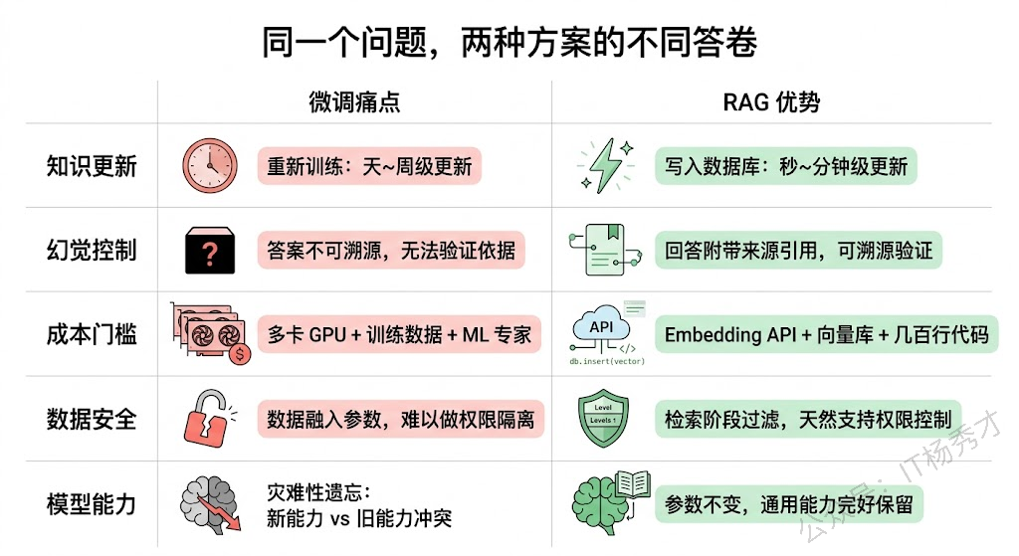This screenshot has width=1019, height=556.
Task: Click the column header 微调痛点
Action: coord(354,102)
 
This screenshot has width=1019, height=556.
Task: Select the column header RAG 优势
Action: coord(771,102)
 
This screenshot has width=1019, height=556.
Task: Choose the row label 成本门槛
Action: coord(92,335)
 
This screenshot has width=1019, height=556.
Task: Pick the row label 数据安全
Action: coord(92,419)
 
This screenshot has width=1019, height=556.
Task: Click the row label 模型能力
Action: coord(92,503)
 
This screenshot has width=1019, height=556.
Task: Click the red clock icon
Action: coord(210,165)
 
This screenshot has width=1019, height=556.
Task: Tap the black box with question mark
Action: coord(210,251)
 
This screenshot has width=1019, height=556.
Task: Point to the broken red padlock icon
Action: coord(209,419)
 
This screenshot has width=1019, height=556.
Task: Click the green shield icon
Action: coord(604,419)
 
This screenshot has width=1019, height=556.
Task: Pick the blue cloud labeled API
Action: coord(601,327)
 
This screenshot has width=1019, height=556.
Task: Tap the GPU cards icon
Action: coord(209,333)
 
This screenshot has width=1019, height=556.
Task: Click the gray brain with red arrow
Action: coord(212,503)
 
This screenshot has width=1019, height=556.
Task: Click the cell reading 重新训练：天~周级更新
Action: coord(369,166)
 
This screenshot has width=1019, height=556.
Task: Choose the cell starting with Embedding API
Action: coord(827,335)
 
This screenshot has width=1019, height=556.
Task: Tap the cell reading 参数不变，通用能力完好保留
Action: coord(788,504)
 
